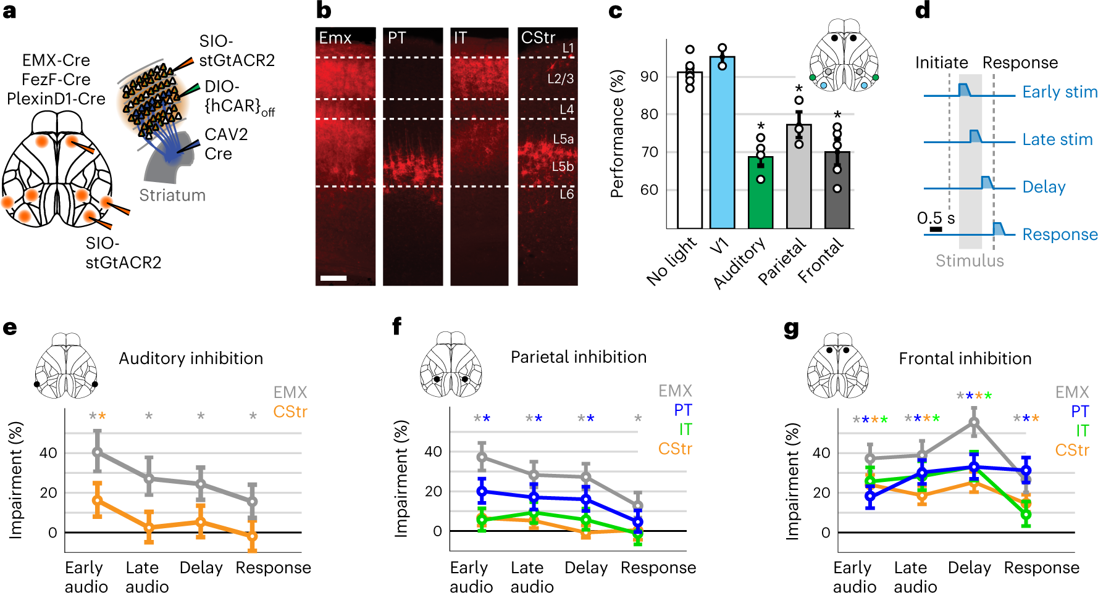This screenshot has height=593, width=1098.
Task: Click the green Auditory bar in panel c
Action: (760, 193)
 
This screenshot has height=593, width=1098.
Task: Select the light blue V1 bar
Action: (722, 143)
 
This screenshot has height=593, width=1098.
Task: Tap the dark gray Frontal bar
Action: (837, 190)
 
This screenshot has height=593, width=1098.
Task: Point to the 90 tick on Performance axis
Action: (649, 77)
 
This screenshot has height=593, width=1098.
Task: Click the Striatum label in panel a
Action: (172, 195)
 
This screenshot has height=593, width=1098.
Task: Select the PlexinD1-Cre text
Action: (56, 99)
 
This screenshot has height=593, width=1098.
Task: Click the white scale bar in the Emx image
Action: (333, 278)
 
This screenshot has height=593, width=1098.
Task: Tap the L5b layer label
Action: (563, 167)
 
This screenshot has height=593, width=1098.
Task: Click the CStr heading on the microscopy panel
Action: (538, 38)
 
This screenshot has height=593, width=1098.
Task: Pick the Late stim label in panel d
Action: (1057, 139)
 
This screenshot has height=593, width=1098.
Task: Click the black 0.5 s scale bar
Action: (936, 230)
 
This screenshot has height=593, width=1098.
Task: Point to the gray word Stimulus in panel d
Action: (970, 260)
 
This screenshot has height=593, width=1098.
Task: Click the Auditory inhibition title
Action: (191, 359)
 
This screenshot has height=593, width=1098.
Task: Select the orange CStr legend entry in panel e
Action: (290, 412)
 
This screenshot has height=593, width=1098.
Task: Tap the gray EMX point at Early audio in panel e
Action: (97, 452)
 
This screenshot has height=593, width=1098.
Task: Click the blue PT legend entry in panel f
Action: (683, 410)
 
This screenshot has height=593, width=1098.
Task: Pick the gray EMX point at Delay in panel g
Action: (974, 423)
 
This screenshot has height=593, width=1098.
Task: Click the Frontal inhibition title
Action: (965, 359)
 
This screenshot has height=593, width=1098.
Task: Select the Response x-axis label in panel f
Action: (658, 568)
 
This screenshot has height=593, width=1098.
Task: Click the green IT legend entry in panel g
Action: (1082, 431)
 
